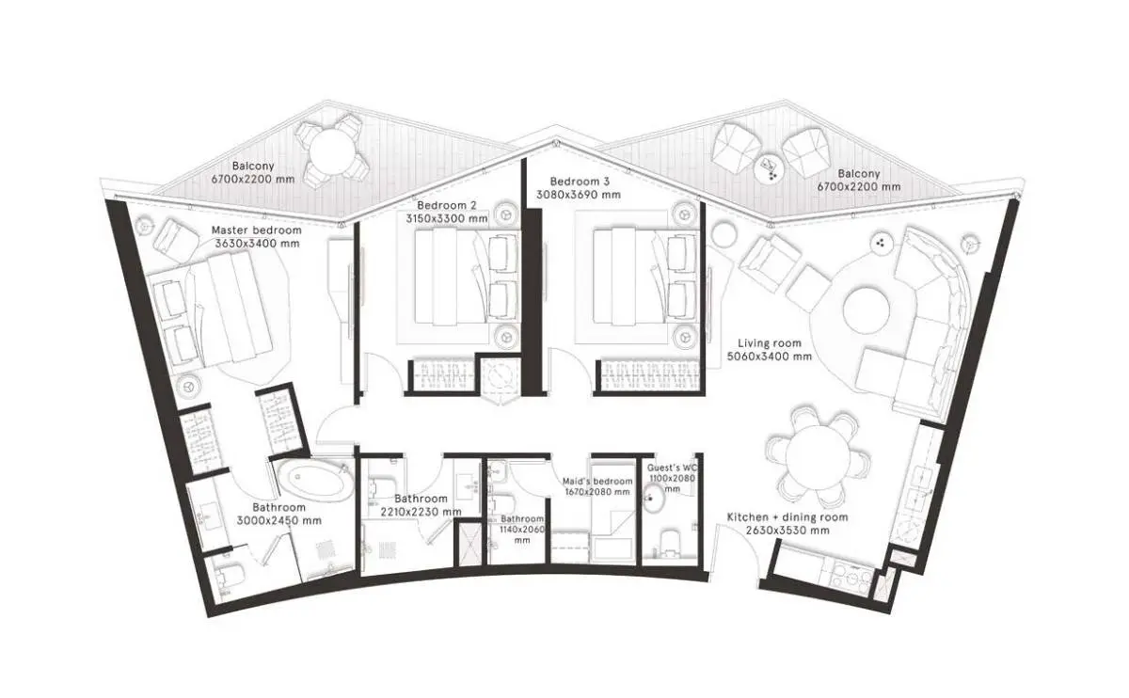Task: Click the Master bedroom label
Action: point(256,230)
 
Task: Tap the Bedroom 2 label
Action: point(447,206)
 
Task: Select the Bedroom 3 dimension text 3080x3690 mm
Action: point(579,195)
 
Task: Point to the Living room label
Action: point(770,343)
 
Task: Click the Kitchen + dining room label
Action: point(787,517)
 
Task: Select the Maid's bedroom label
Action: point(597,482)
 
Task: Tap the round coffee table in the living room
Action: point(866,309)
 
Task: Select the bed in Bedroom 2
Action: point(467,277)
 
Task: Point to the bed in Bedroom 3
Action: point(645,277)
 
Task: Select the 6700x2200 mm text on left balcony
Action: point(253,179)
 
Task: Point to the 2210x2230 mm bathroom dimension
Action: point(421,512)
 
